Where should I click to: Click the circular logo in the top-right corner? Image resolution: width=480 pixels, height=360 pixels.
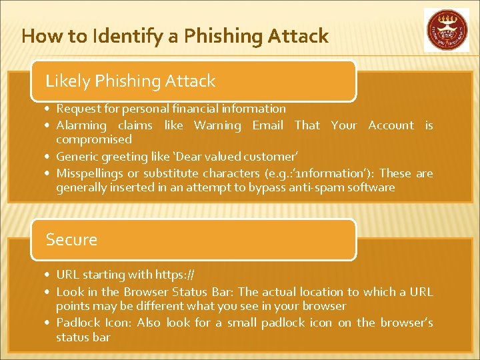(446, 29)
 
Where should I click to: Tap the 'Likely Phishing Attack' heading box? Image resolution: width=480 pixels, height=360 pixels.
(193, 81)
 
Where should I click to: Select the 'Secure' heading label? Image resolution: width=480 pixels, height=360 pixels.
(71, 239)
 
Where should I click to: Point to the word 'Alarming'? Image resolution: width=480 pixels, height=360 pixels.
(81, 125)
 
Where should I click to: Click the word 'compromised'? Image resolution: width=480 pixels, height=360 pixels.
(94, 139)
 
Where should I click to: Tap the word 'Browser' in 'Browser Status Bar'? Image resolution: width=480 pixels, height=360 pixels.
(145, 292)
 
